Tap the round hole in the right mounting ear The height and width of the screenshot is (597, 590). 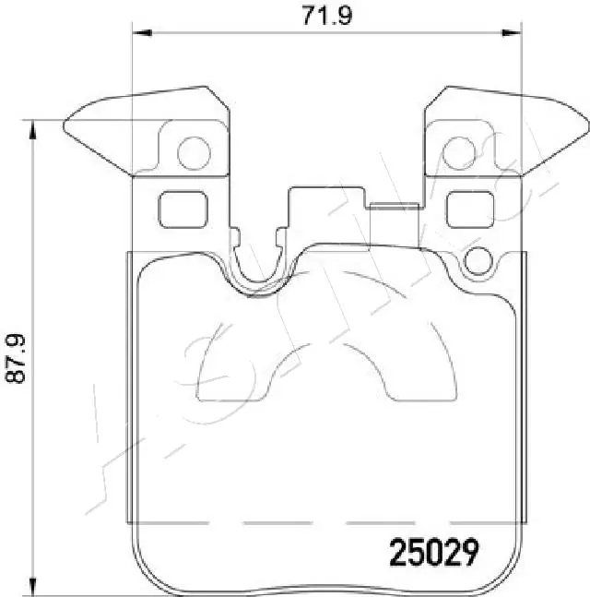458,152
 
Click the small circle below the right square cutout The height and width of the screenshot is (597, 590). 480,261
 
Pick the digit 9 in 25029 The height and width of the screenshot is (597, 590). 470,553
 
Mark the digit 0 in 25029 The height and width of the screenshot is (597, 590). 431,553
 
